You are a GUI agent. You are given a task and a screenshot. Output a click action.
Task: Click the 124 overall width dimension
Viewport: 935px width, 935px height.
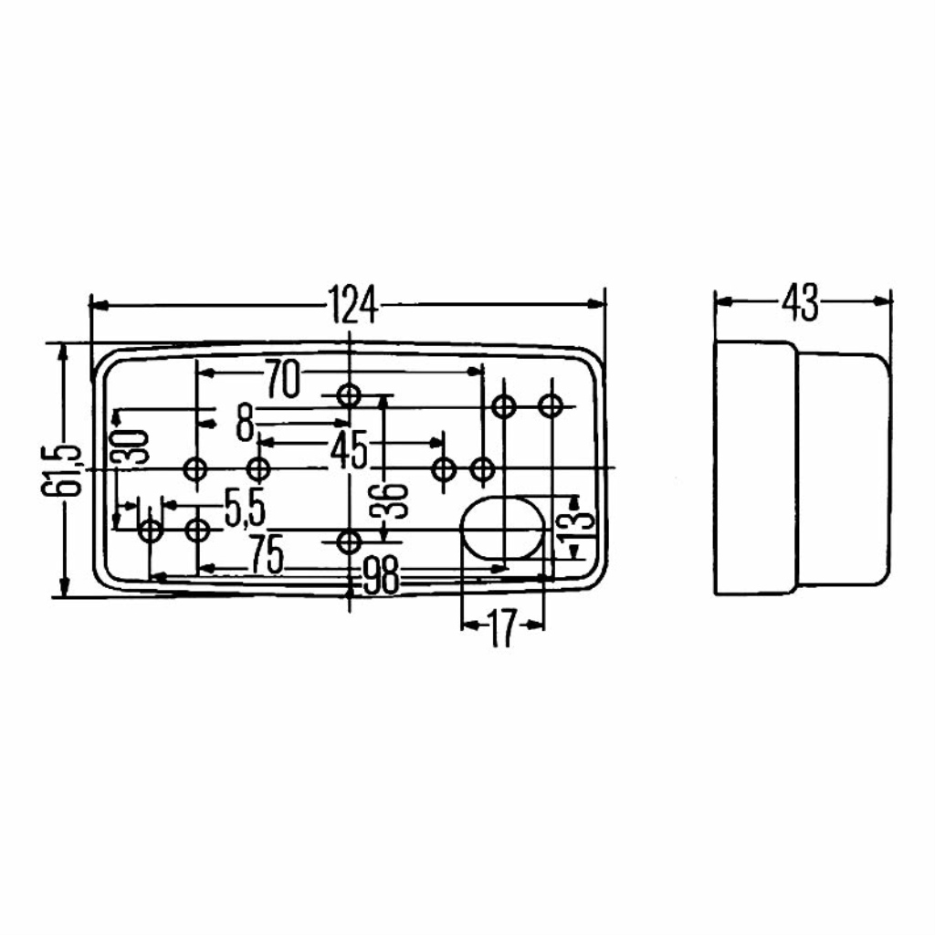(x=352, y=304)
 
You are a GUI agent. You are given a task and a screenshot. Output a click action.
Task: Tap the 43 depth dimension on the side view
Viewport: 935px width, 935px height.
(x=801, y=302)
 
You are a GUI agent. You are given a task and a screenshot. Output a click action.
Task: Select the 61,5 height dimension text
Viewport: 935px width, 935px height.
(x=62, y=470)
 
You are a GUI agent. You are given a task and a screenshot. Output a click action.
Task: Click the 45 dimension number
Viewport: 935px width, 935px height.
(x=348, y=450)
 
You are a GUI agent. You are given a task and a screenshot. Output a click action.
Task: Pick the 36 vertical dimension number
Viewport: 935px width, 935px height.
(x=393, y=501)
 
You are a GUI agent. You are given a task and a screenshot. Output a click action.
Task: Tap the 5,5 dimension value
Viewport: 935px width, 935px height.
(x=244, y=510)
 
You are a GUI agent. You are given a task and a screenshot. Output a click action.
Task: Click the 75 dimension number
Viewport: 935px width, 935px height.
(x=266, y=556)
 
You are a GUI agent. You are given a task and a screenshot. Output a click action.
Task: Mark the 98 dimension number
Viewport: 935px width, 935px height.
(x=381, y=576)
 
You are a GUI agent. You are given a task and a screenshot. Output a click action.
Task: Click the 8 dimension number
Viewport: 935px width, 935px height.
(x=244, y=424)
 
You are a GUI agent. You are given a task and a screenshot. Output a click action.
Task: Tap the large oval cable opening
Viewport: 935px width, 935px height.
(x=503, y=529)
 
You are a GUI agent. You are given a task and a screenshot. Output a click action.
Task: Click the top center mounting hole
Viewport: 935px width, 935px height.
(x=349, y=395)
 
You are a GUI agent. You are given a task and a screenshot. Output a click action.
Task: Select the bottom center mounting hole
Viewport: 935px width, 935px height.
(x=349, y=541)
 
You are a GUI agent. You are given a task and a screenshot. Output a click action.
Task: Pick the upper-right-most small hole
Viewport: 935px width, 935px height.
(x=551, y=405)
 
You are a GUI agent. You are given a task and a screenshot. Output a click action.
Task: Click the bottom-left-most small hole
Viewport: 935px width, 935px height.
(x=151, y=529)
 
